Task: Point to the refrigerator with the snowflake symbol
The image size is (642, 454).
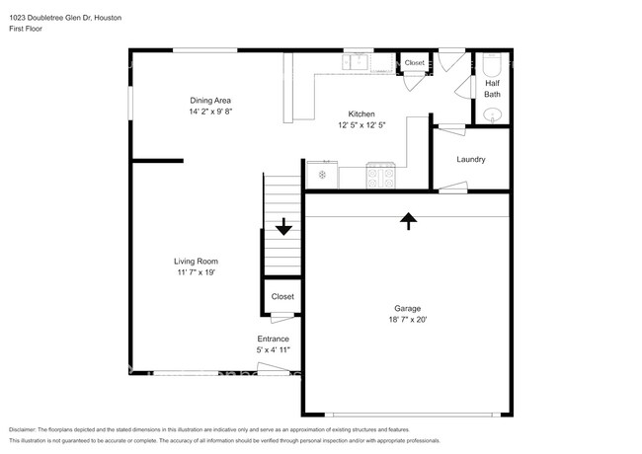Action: point(321,175)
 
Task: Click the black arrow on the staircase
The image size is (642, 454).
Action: point(283,227)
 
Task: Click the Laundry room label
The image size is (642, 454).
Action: point(470,159)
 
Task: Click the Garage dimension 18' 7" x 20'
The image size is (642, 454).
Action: point(407,319)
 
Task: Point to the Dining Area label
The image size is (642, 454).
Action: point(210,101)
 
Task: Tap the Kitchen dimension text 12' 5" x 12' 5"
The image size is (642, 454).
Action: point(361,124)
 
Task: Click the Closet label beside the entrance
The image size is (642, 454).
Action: point(282,296)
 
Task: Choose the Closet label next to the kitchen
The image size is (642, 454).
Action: point(414,63)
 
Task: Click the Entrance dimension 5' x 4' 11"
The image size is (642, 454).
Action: point(273,349)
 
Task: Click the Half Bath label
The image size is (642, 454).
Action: point(492,89)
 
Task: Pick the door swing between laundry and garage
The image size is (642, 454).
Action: point(453,188)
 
